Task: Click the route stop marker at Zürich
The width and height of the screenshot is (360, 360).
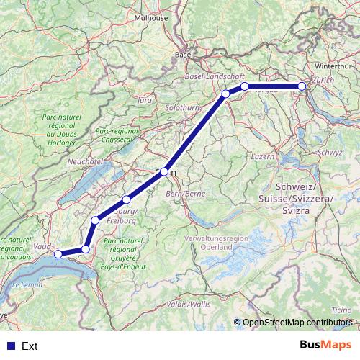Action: [x=302, y=86]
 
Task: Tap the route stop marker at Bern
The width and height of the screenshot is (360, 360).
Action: [x=164, y=172]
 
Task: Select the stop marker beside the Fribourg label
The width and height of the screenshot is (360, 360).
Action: [x=127, y=199]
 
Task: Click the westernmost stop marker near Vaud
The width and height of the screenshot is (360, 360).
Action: [x=58, y=253]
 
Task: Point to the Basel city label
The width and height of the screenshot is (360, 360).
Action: [x=184, y=54]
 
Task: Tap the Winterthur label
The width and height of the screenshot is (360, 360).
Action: [x=332, y=66]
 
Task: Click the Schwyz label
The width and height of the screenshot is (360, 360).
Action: [x=329, y=153]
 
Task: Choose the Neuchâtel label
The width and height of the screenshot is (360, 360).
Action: [x=82, y=163]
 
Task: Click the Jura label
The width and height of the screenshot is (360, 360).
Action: [x=144, y=100]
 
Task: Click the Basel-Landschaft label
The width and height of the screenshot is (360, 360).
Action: [x=215, y=76]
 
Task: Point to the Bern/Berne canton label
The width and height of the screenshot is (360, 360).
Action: [x=186, y=194]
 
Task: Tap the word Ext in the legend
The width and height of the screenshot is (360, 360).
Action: [x=30, y=346]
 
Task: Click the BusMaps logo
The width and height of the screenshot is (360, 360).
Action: [x=325, y=346]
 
